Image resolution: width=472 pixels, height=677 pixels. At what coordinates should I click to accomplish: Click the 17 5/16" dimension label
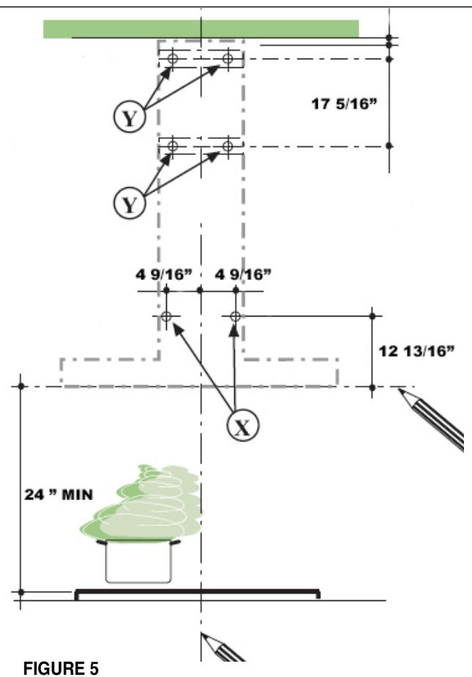[x=344, y=104]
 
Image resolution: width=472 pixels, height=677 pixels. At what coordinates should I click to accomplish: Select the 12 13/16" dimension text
[x=416, y=351]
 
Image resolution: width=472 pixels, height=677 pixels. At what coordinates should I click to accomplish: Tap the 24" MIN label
[x=59, y=494]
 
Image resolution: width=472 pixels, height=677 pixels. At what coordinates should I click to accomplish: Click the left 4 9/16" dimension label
[x=163, y=275]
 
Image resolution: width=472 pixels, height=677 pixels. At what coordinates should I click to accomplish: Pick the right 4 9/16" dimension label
[x=244, y=275]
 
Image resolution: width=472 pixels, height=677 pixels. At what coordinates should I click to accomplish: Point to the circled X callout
[x=243, y=426]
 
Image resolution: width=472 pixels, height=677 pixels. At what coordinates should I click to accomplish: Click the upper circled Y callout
[x=130, y=116]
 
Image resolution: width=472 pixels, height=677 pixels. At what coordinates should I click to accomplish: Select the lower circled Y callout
[x=130, y=203]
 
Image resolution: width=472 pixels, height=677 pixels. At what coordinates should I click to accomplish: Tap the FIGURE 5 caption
[x=61, y=668]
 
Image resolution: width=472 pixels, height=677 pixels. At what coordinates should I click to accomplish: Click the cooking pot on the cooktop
[x=138, y=561]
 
